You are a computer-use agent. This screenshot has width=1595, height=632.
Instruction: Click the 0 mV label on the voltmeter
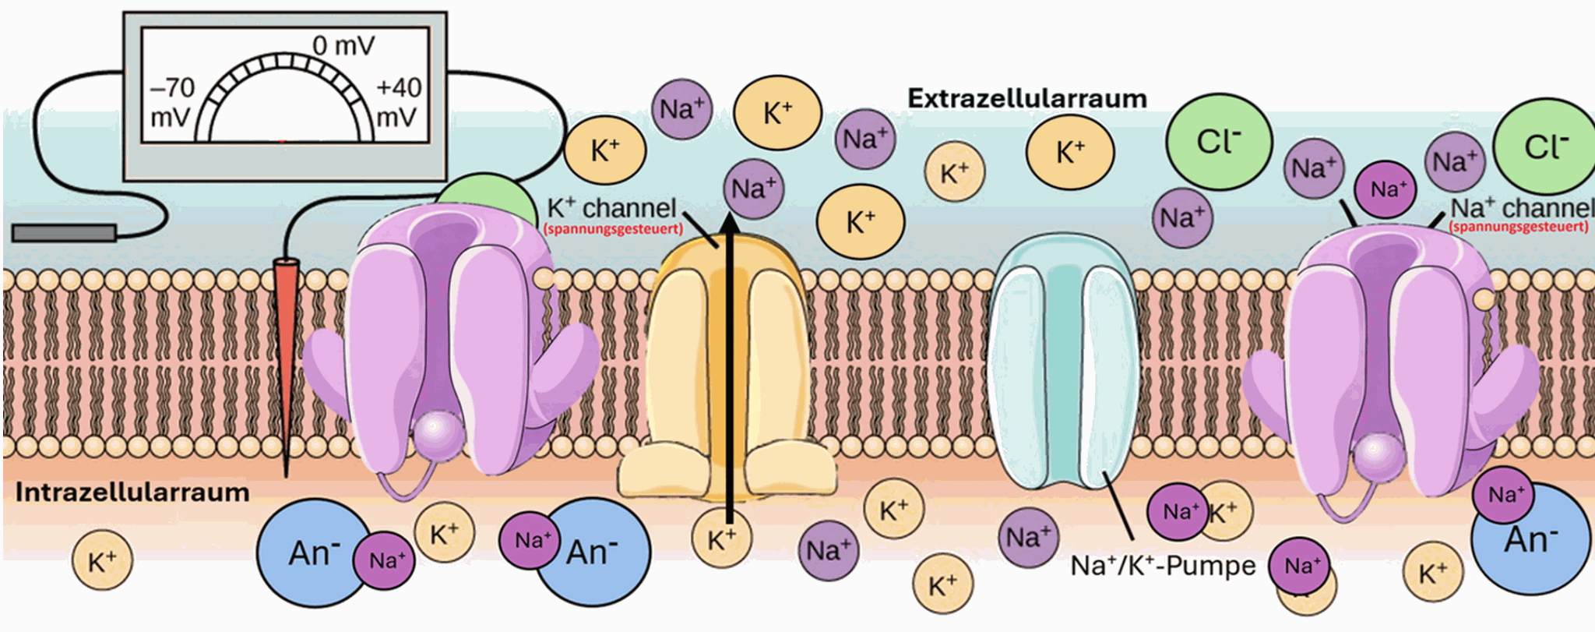click(x=343, y=47)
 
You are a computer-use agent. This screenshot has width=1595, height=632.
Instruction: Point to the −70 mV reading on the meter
click(x=171, y=102)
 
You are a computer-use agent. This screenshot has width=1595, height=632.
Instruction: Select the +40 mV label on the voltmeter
click(x=399, y=102)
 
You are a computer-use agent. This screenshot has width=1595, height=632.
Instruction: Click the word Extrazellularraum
click(x=1027, y=99)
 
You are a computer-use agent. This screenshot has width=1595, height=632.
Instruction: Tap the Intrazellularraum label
click(x=132, y=493)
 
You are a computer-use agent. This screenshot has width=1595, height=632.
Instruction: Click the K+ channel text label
click(x=612, y=208)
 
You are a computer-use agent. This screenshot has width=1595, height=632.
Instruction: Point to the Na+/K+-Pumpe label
click(x=1163, y=565)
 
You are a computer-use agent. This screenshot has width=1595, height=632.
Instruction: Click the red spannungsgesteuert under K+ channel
click(x=614, y=229)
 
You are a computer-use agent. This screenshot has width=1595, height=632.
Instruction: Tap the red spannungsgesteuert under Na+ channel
click(x=1518, y=227)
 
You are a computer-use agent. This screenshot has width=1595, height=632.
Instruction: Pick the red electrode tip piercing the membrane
click(x=287, y=351)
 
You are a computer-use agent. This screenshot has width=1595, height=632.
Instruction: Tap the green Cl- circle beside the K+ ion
click(x=1219, y=143)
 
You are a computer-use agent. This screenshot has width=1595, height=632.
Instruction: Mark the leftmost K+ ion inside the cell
click(x=102, y=561)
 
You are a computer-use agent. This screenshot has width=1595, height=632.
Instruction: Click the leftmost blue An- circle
click(x=312, y=553)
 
